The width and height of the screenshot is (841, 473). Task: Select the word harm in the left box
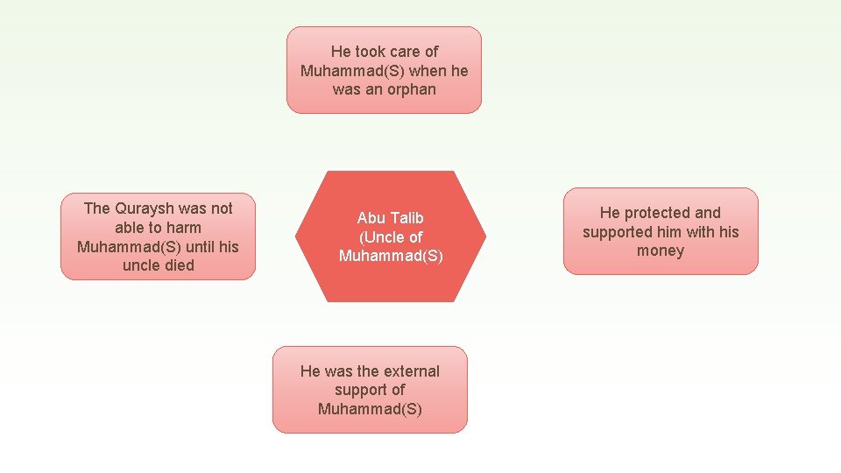(181, 228)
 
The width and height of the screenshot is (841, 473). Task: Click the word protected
(648, 213)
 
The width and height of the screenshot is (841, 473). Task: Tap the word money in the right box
(661, 251)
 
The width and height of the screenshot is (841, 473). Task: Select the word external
(411, 371)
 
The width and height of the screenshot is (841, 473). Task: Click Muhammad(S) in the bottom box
(370, 409)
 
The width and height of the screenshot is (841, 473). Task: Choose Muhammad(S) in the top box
(352, 71)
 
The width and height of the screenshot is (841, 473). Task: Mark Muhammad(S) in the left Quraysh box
(129, 247)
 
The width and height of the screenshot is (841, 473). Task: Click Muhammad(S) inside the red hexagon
(391, 256)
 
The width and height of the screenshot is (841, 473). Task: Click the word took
(371, 52)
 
